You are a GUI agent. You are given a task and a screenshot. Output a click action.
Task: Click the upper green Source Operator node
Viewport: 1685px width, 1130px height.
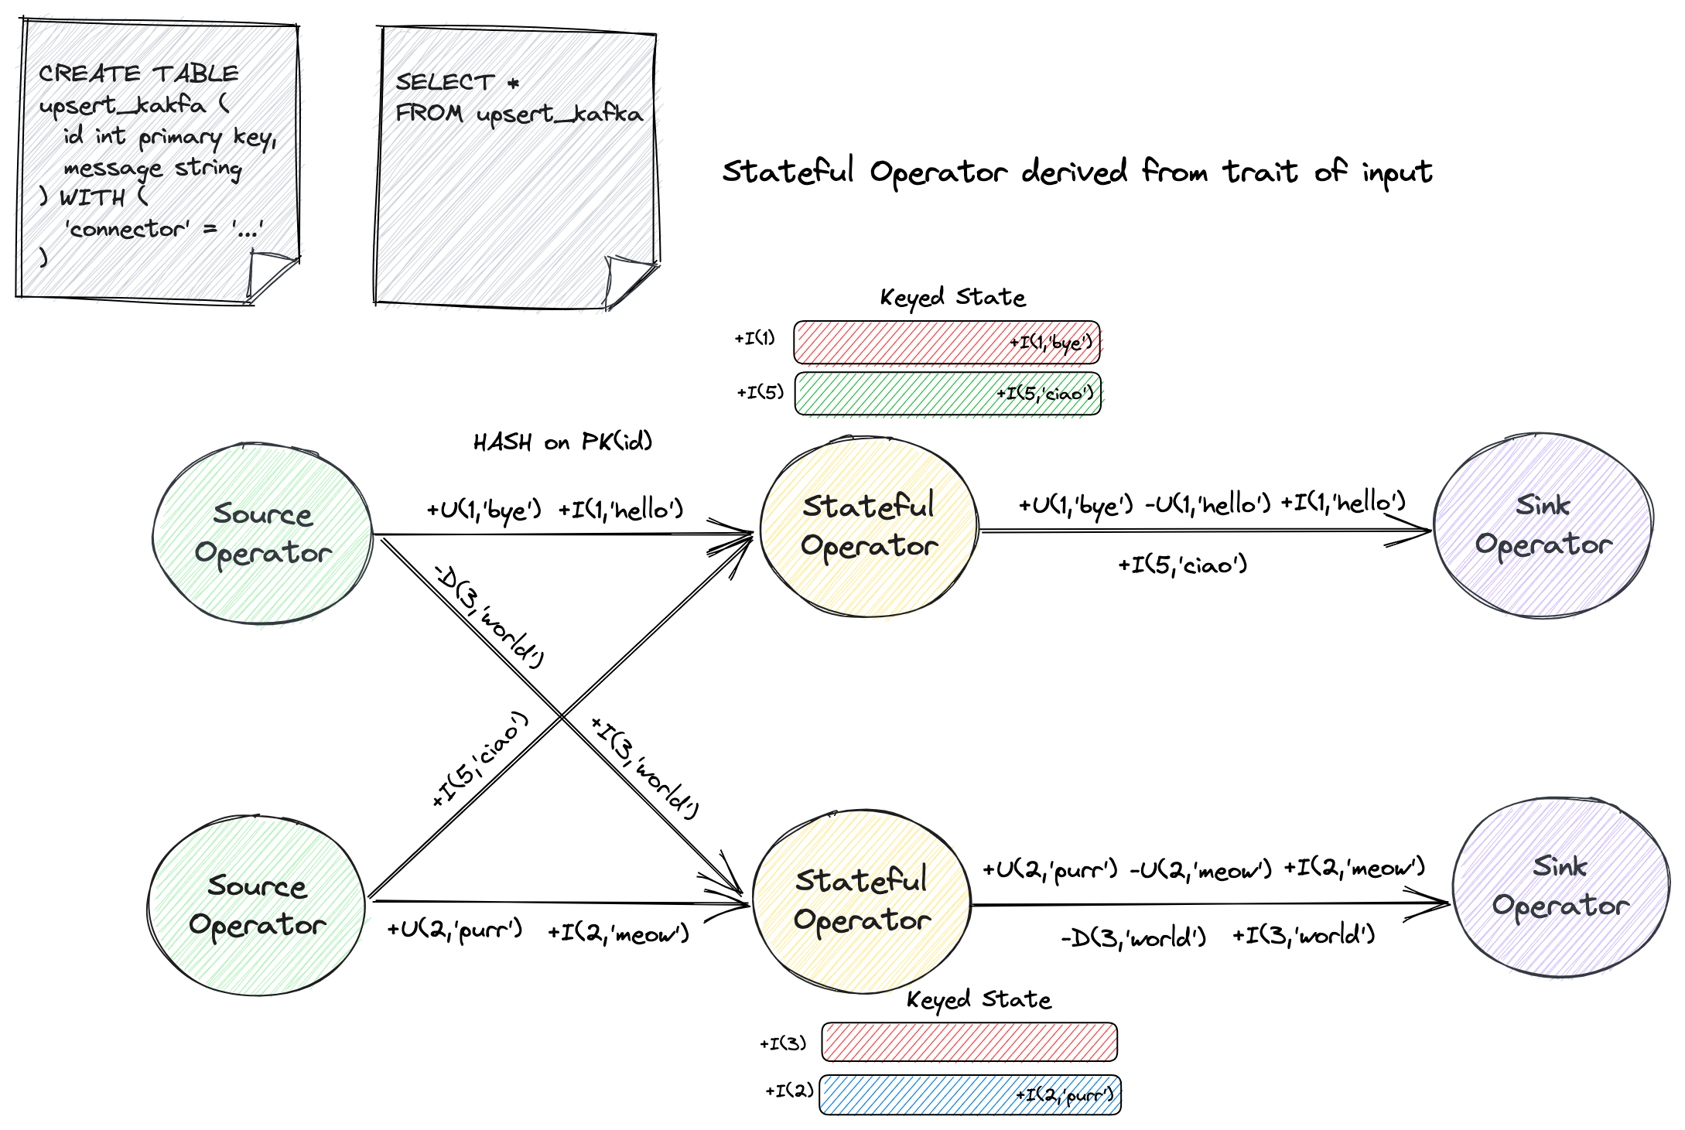262,534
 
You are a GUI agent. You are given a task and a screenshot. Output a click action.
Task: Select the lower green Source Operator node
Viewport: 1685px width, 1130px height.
256,905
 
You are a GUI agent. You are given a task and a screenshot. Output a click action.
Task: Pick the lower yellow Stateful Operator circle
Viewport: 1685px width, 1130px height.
861,902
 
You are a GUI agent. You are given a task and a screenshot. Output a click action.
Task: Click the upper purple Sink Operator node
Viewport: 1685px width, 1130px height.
1543,526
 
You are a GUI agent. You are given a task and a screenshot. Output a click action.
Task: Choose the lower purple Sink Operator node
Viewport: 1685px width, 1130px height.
1560,888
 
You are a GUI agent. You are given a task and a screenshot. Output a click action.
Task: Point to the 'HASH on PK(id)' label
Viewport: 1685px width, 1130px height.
562,442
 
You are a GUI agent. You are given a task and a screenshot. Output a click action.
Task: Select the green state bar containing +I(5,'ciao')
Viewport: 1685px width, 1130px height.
947,394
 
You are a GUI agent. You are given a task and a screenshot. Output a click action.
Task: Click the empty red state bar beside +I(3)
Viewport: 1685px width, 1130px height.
969,1043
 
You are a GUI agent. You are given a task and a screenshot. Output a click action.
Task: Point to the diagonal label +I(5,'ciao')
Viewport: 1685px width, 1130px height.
480,759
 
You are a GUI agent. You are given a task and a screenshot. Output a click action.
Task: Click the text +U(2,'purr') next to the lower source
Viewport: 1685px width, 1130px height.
455,930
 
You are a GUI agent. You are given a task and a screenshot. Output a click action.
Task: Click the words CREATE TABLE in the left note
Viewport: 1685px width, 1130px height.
139,73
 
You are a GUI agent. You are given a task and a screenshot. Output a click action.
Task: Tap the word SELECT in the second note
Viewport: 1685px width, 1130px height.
444,82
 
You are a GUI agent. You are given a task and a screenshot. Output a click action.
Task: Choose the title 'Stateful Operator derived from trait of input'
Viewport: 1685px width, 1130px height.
1076,172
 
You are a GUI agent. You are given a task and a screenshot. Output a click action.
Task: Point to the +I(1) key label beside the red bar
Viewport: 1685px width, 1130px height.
754,338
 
